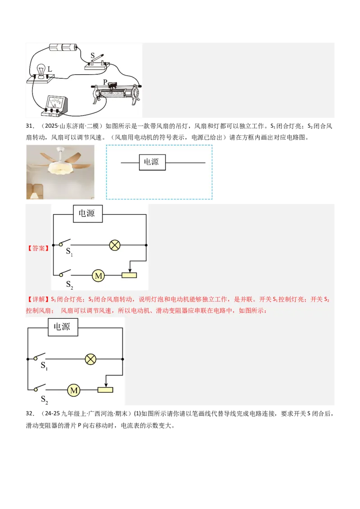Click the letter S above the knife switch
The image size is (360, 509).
coord(92,56)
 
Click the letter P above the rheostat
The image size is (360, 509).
coord(105,82)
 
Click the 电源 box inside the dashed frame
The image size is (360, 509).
coord(152,162)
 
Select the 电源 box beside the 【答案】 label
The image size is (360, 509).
coord(87,214)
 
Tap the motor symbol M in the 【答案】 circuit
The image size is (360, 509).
coord(98,275)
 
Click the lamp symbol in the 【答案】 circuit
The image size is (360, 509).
coord(115,245)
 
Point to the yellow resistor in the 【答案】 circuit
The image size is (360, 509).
coord(129,275)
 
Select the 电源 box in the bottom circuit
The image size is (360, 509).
coord(63,327)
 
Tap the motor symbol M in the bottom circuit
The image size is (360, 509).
coord(74,390)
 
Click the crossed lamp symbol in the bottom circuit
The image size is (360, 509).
coord(91,359)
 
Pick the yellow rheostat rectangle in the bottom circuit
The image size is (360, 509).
coord(105,390)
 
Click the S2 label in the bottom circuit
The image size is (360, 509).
coord(45,399)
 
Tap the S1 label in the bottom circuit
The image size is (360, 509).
coord(44,366)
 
